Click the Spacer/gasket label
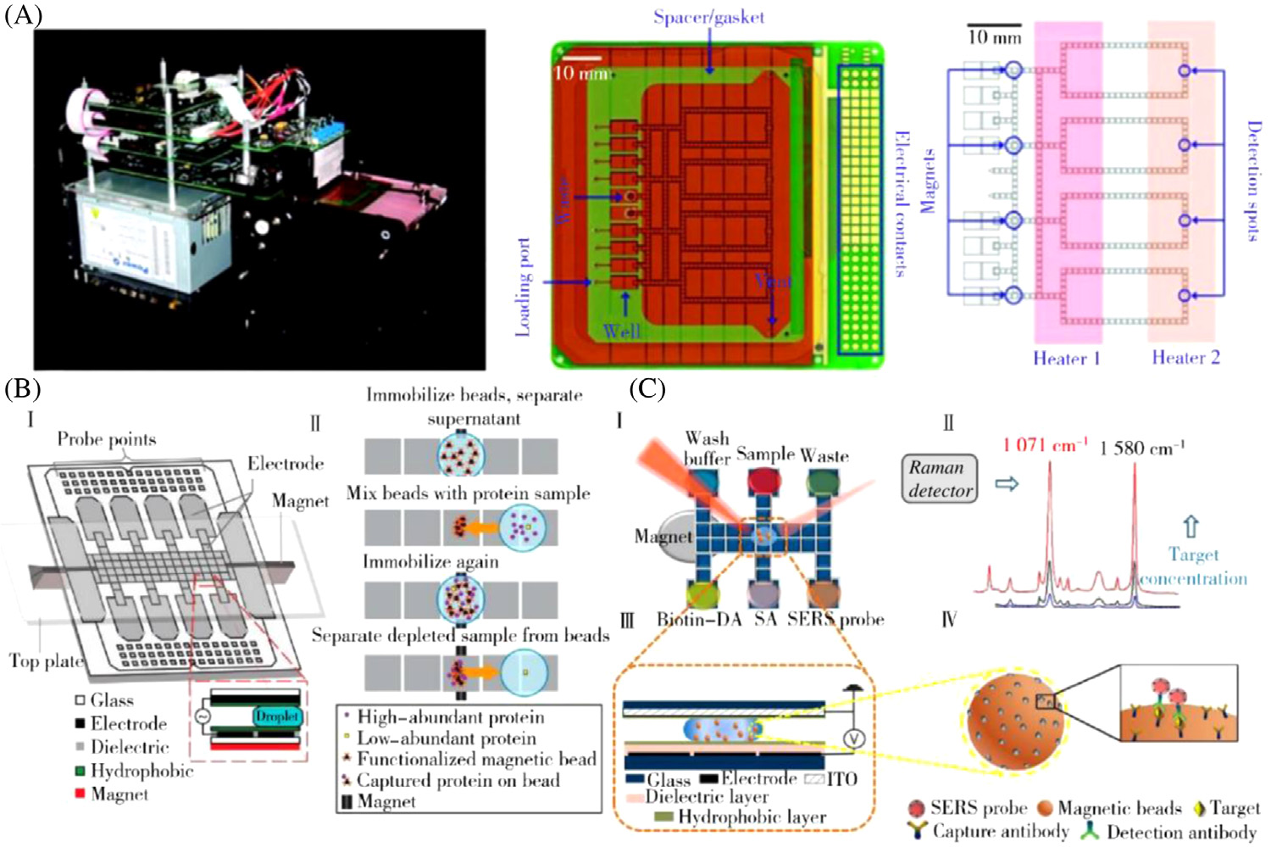point(708,17)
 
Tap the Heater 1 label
point(1066,358)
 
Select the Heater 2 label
point(1185,357)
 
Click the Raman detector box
point(940,479)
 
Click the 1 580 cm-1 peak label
point(1141,447)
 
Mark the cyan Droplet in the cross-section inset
point(276,716)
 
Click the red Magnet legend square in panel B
point(80,794)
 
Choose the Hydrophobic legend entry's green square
point(80,771)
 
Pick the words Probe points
point(107,439)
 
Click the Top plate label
point(46,661)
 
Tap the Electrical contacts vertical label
point(902,203)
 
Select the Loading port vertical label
point(523,287)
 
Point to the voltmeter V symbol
point(854,738)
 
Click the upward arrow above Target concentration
point(1191,527)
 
